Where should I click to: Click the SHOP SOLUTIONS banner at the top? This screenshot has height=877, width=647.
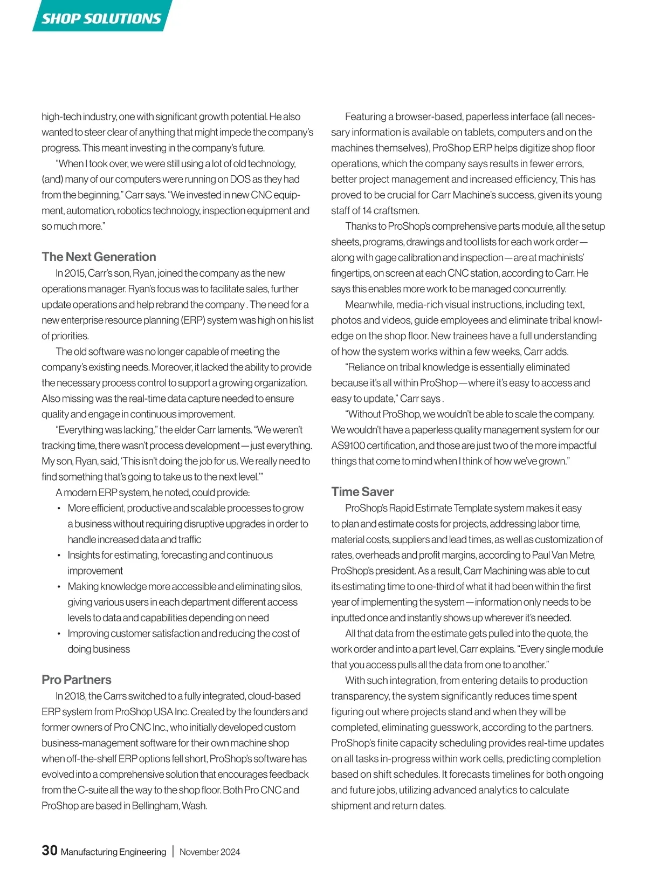(101, 18)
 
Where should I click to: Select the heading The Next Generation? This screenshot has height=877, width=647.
(99, 257)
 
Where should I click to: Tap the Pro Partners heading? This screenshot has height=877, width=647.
(77, 680)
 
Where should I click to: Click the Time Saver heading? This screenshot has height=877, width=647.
(362, 491)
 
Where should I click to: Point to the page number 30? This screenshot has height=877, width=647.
(50, 851)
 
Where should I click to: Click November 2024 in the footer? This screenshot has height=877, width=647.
(210, 852)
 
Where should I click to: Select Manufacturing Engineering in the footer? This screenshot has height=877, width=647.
(113, 852)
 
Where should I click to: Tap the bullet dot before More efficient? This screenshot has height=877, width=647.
(59, 509)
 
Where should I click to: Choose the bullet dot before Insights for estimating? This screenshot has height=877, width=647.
(59, 556)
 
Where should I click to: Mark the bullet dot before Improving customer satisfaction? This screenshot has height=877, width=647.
(59, 634)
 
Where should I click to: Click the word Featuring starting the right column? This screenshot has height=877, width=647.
(366, 117)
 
